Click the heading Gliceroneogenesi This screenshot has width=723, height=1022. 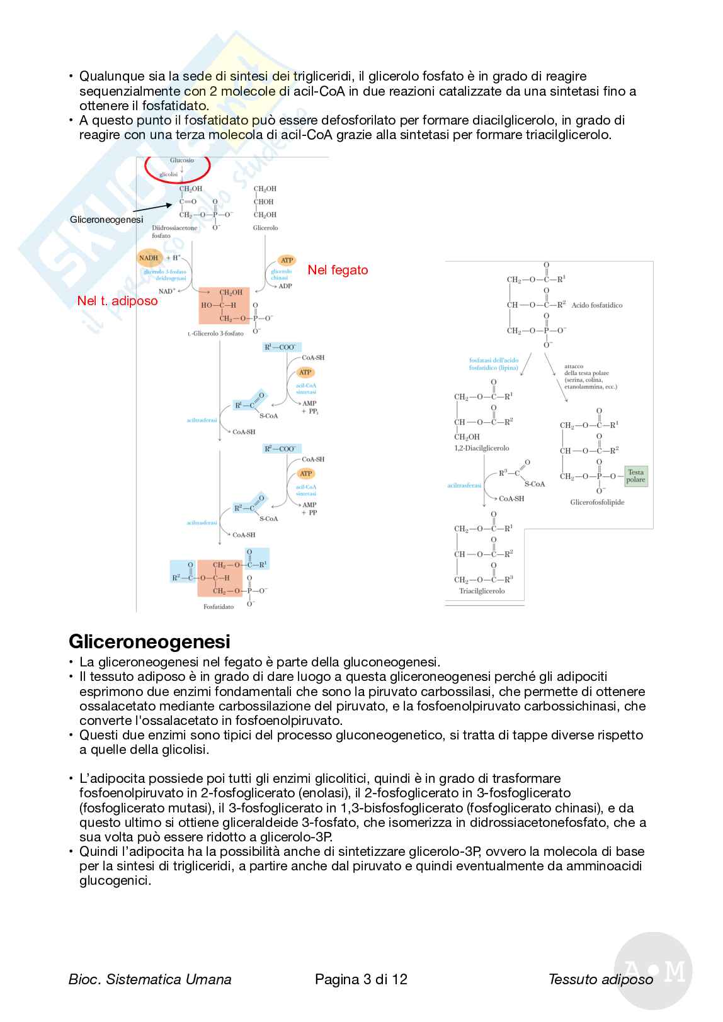pyautogui.click(x=149, y=641)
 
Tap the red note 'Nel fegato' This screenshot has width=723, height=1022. pyautogui.click(x=338, y=270)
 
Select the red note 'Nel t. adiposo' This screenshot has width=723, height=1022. pyautogui.click(x=117, y=301)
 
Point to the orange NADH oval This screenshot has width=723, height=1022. pyautogui.click(x=149, y=257)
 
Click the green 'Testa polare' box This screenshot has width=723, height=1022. pyautogui.click(x=635, y=476)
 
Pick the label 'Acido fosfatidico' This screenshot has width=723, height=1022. pyautogui.click(x=597, y=305)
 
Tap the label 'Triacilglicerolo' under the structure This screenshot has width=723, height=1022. pyautogui.click(x=482, y=591)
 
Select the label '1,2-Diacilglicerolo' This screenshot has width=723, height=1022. pyautogui.click(x=482, y=448)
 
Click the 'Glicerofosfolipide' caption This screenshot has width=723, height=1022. pyautogui.click(x=597, y=502)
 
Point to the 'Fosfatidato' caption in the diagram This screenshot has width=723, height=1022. pyautogui.click(x=219, y=607)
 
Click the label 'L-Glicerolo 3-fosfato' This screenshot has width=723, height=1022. pyautogui.click(x=215, y=334)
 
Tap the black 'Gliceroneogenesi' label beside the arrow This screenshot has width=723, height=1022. pyautogui.click(x=106, y=220)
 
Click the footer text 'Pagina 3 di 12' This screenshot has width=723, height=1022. pyautogui.click(x=361, y=979)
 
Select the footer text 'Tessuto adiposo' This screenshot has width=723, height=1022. pyautogui.click(x=600, y=979)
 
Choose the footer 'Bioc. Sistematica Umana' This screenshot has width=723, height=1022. pyautogui.click(x=150, y=979)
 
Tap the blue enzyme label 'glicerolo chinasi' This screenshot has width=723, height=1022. pyautogui.click(x=281, y=274)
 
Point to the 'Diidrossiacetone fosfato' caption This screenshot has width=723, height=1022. pyautogui.click(x=174, y=232)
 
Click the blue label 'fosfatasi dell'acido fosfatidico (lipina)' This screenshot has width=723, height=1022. pyautogui.click(x=494, y=364)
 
